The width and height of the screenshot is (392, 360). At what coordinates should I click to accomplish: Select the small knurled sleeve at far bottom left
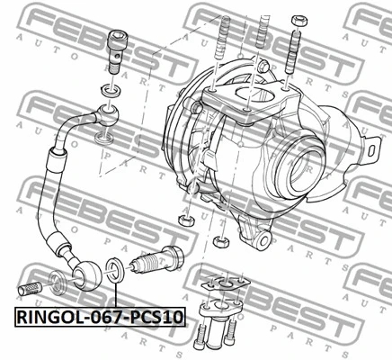click(x=31, y=291)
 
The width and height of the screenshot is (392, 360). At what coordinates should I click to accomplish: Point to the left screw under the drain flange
click(x=200, y=338)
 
